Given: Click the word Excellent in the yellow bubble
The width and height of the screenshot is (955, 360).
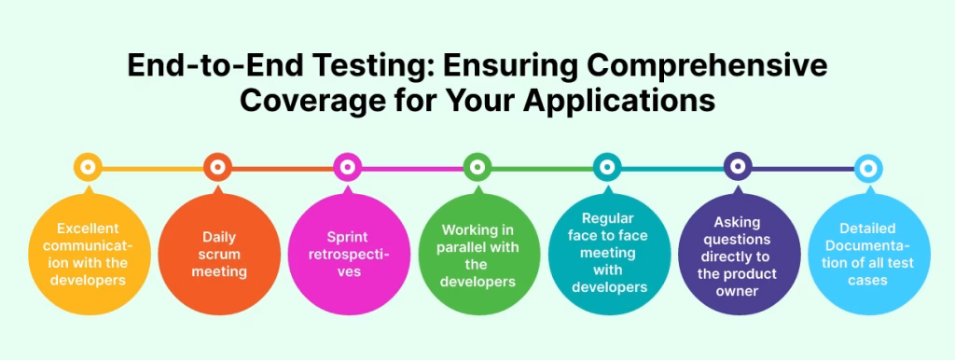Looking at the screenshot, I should click(x=87, y=228).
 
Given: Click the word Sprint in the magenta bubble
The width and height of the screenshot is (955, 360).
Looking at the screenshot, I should click(x=347, y=238).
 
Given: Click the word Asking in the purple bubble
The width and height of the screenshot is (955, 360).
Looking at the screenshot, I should click(x=737, y=223).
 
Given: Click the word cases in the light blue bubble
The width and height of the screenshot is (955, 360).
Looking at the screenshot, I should click(x=867, y=280).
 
